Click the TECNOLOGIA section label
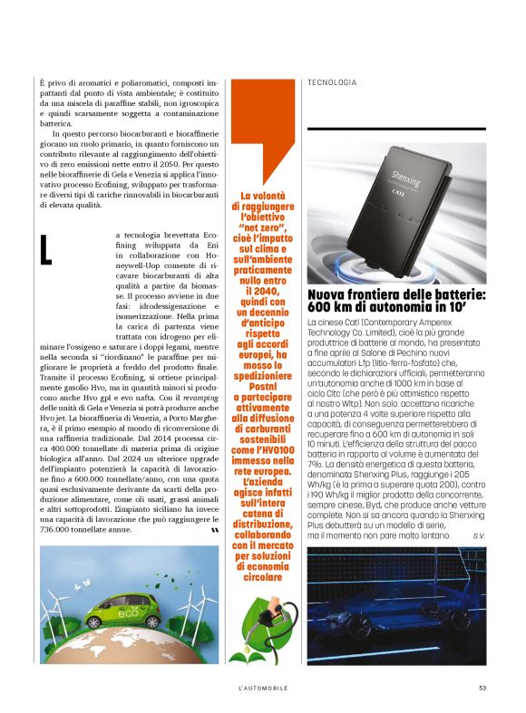(332, 82)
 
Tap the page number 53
(483, 689)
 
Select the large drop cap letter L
(46, 251)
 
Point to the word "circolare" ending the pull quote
(259, 575)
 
